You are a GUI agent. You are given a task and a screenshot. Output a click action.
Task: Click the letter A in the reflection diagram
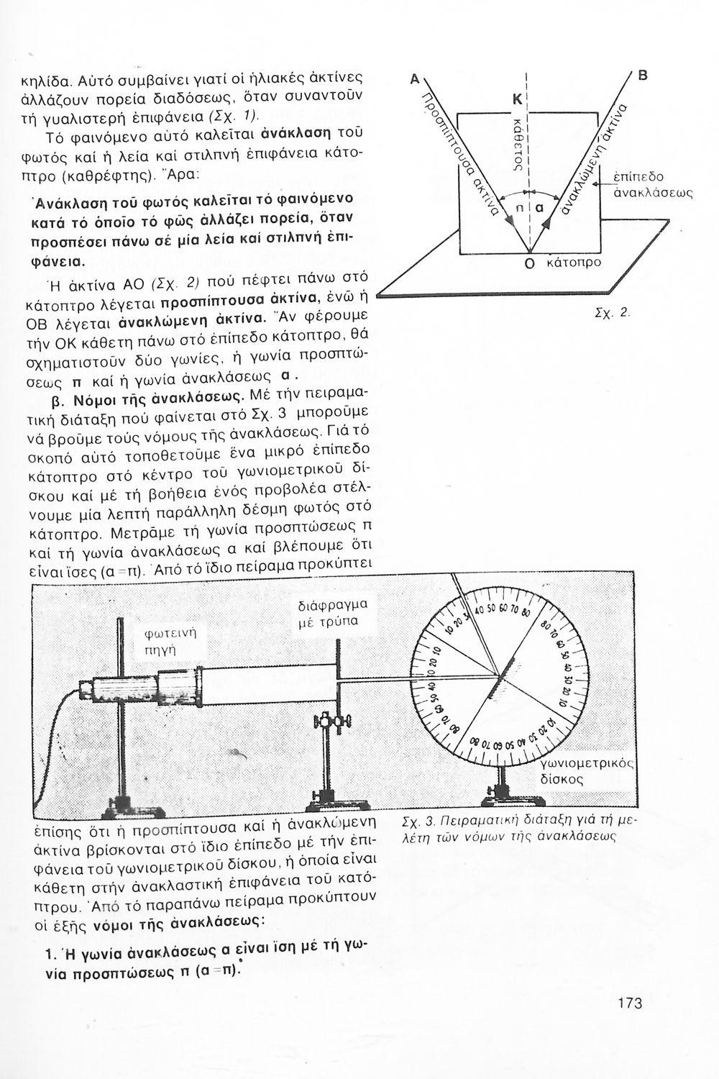pyautogui.click(x=414, y=81)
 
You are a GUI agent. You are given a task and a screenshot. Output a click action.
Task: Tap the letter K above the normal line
pyautogui.click(x=516, y=100)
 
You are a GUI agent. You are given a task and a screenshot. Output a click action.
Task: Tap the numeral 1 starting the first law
pyautogui.click(x=48, y=955)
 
